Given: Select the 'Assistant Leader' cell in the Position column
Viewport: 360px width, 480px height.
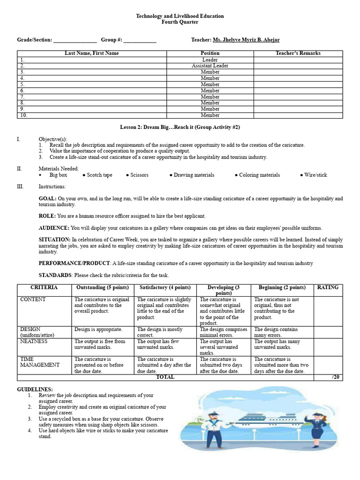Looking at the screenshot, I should [210, 66].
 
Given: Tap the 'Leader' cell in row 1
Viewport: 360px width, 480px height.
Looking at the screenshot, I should [210, 60].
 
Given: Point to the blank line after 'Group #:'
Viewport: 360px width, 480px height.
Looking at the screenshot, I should [140, 40].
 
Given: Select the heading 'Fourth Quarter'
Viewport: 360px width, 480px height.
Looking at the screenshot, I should [180, 22].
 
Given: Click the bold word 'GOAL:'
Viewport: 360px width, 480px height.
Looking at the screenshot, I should [48, 199].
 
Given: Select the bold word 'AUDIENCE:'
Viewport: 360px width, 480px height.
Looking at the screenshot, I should [54, 228].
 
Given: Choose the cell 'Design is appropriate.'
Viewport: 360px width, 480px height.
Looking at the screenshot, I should [98, 330].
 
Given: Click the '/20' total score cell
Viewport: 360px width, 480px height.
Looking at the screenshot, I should [332, 377].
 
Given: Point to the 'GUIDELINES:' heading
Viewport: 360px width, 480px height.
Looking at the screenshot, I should [35, 390].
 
